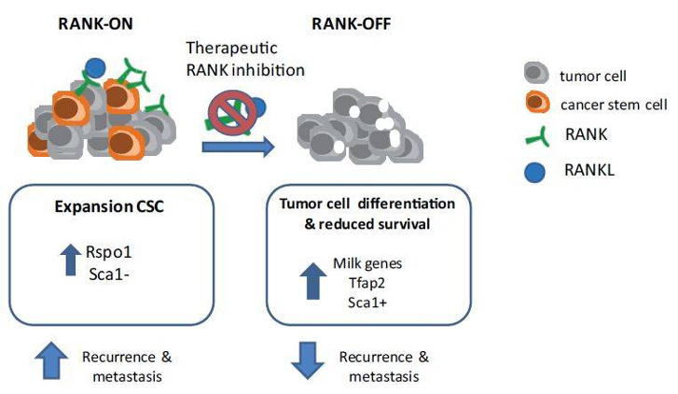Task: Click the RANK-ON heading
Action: point(95,23)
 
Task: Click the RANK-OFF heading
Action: point(351,23)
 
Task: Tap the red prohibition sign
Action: point(228,113)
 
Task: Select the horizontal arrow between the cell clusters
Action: point(238,147)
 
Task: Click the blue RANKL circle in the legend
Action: point(535,172)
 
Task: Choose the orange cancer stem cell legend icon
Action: point(537,103)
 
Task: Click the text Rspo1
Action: point(108,252)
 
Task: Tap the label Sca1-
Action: point(109,274)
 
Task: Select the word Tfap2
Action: point(367,283)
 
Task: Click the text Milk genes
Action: point(367,263)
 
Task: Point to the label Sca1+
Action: point(367,303)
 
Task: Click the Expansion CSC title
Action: point(109,206)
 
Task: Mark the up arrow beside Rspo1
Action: point(71,260)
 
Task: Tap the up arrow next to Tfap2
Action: point(313,281)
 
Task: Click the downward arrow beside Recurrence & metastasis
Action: point(308,360)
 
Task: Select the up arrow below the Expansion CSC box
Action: point(51,360)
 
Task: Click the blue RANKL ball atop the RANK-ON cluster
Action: point(95,68)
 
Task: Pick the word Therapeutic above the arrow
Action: point(232,48)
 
